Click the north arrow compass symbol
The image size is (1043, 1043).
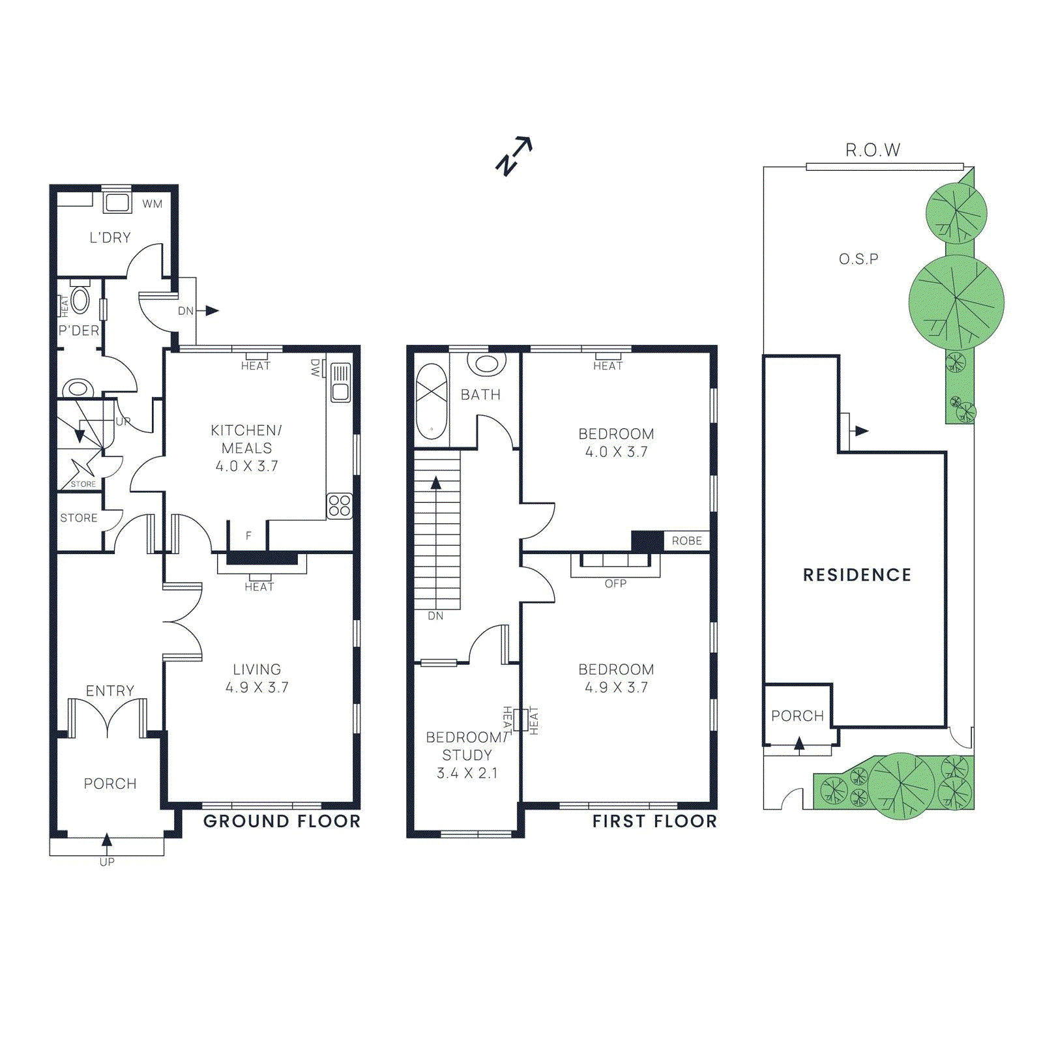tap(514, 156)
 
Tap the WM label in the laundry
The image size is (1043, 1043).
tap(152, 204)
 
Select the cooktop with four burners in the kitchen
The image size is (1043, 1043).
tap(339, 505)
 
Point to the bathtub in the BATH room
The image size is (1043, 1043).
tap(431, 401)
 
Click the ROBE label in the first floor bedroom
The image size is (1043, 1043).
tap(686, 541)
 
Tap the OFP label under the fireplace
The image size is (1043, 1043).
tap(615, 583)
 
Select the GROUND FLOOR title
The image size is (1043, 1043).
tap(282, 821)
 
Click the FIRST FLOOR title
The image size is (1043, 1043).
tap(654, 821)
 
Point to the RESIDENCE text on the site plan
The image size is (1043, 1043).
tap(857, 575)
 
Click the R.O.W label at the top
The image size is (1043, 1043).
tap(872, 151)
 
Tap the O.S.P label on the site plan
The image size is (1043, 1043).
tap(858, 259)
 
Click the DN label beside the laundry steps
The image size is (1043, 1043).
tap(186, 311)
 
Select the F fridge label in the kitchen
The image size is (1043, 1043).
tap(248, 536)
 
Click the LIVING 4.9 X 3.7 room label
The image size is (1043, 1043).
tap(257, 678)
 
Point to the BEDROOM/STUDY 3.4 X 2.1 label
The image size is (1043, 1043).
tap(467, 755)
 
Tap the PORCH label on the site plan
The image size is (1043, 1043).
tap(797, 716)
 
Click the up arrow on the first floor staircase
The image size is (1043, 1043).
tap(436, 483)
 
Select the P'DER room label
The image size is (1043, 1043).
tap(79, 331)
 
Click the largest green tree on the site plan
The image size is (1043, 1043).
tap(956, 302)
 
